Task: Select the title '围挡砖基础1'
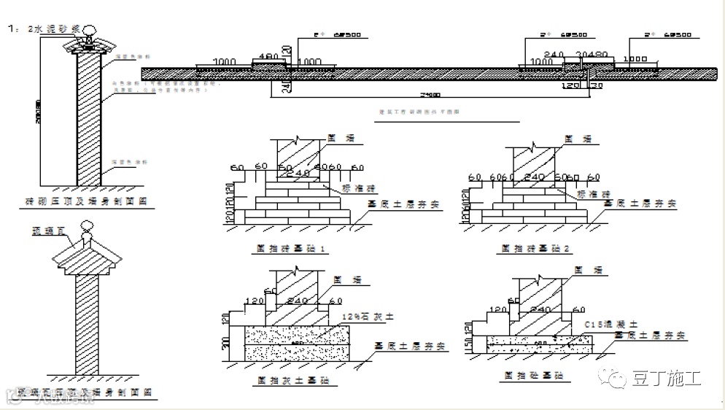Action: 290,250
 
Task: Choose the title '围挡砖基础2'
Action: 536,250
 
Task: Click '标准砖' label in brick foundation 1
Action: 357,187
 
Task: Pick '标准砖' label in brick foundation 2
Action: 592,195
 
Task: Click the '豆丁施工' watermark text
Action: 666,379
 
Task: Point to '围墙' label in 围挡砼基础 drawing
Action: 583,270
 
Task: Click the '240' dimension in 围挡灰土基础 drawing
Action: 299,301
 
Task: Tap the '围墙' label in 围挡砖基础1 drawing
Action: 336,136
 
